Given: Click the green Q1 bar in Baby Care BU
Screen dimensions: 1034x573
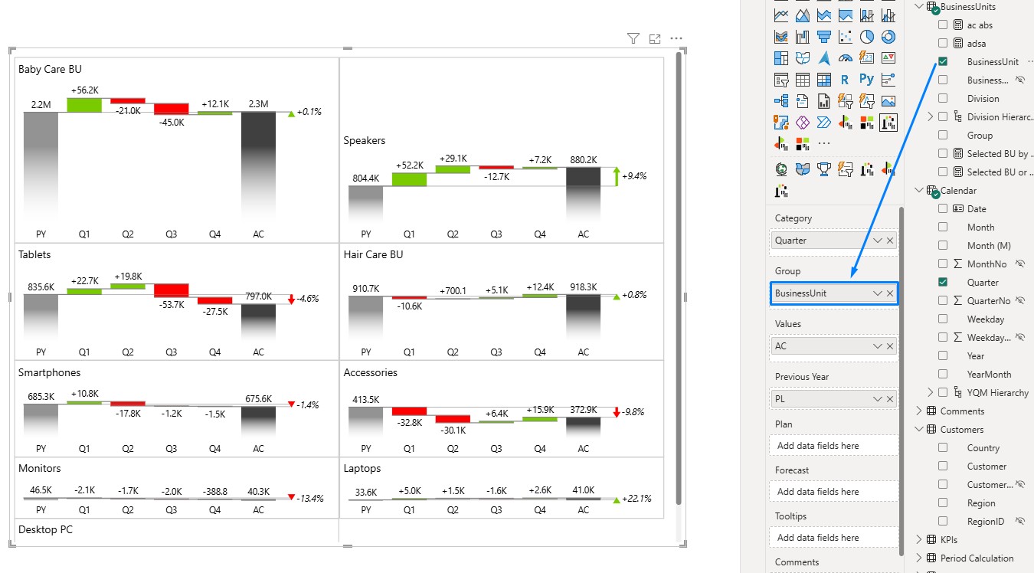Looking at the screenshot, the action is tap(84, 105).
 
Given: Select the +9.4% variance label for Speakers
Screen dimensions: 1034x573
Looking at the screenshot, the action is tap(634, 176).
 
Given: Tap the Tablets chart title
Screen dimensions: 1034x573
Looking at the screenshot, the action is tap(34, 254).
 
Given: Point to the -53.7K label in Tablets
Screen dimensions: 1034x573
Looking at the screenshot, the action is tap(172, 305).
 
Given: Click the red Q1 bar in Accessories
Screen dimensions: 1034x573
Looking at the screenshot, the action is tap(409, 411).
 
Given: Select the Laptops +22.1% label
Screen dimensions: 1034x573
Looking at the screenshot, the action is tap(636, 499).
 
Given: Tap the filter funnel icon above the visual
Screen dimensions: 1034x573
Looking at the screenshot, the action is tap(633, 38).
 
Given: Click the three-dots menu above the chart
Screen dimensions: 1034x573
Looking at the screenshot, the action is tap(676, 38).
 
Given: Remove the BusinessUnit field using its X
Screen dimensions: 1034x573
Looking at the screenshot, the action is tap(890, 293).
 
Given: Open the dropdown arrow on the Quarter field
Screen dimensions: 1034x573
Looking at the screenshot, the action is tap(878, 241).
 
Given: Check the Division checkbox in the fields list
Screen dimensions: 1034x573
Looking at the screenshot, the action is tap(943, 98).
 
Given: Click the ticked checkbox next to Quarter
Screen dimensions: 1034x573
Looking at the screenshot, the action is tap(943, 282).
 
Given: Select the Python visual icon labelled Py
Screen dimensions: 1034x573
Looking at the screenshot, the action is tap(866, 80).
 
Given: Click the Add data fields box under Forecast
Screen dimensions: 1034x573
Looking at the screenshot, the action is tap(833, 492).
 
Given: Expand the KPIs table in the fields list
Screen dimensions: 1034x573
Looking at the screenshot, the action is tap(918, 539).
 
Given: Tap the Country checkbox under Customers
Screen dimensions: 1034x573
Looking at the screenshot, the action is tap(943, 448).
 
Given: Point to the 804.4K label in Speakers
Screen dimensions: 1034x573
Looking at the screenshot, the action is tap(366, 178).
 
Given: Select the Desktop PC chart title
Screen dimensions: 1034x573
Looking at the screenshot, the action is tap(45, 529).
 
